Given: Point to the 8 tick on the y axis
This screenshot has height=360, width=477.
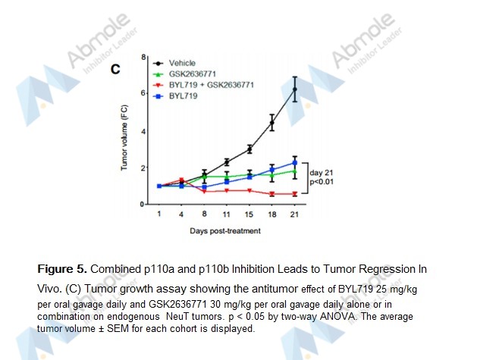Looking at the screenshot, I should [x=143, y=56].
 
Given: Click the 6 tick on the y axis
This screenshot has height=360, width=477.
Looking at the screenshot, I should [x=143, y=93].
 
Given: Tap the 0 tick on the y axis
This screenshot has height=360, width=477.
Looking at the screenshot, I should [x=143, y=205].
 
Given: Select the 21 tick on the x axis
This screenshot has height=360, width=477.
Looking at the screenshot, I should [x=294, y=215].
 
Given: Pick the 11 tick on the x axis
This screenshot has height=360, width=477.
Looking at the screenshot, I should [x=227, y=215].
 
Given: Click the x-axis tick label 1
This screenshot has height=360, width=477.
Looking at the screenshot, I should [x=158, y=215].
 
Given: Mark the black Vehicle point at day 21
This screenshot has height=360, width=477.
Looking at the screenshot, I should [x=294, y=89].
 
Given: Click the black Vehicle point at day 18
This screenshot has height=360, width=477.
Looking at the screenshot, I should [x=271, y=122].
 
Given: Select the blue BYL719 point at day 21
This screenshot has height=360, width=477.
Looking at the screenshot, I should [x=294, y=163].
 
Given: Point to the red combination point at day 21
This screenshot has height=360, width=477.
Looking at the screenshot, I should [x=294, y=194].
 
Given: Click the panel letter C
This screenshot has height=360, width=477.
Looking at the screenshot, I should [x=116, y=69].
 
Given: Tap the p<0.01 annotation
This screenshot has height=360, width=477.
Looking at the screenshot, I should [x=322, y=182].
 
